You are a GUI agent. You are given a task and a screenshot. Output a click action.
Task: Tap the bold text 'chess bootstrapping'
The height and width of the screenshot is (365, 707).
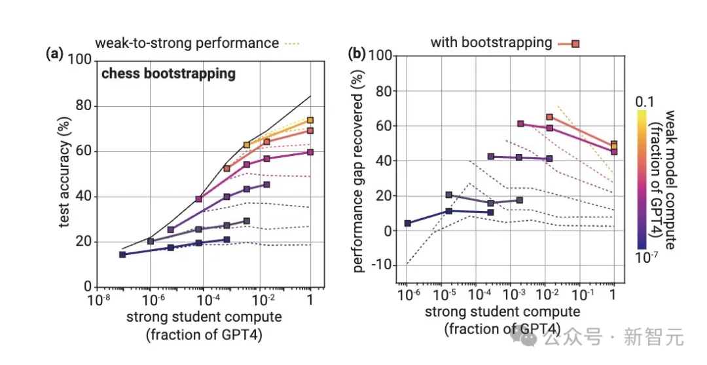(168, 73)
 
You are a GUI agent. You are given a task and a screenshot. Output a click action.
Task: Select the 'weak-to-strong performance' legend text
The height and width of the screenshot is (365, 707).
(187, 44)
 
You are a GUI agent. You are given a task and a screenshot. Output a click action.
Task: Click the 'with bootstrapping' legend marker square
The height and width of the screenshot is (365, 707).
(575, 44)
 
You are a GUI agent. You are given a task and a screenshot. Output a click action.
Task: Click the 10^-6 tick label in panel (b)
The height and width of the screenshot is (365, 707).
(407, 292)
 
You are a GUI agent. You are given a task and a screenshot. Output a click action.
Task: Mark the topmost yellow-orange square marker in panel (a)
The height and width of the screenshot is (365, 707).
(310, 121)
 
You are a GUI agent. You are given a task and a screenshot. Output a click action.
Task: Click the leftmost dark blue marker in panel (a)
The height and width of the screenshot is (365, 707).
(122, 254)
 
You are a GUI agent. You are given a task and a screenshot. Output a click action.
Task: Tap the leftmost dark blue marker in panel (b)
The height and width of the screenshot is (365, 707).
(407, 223)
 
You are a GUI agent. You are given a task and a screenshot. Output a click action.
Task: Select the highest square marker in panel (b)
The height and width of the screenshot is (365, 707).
(550, 117)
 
